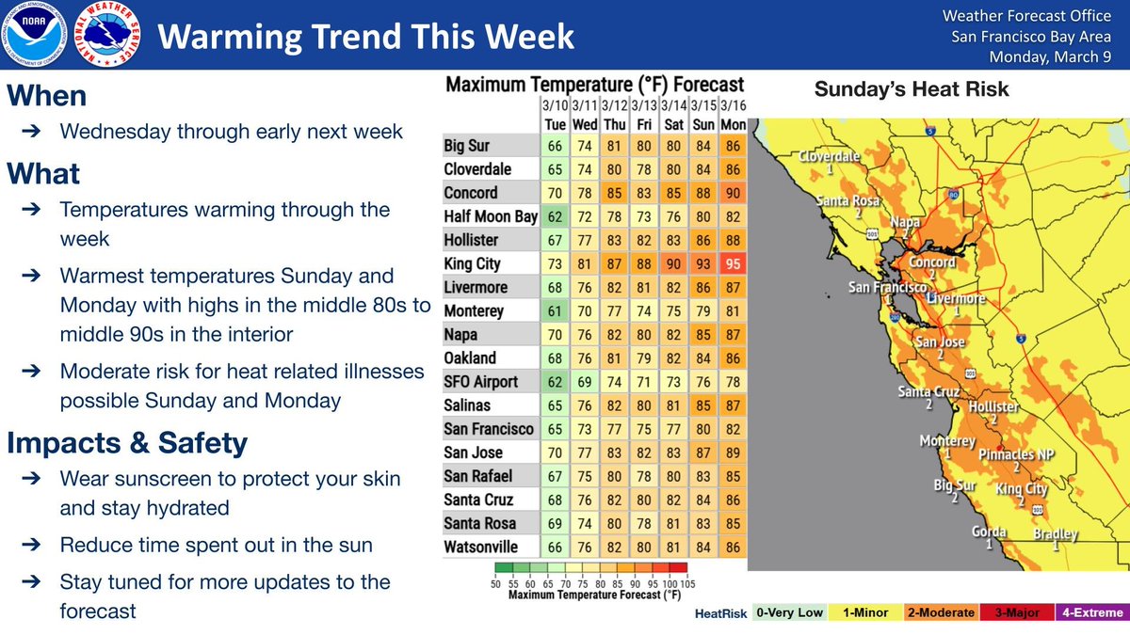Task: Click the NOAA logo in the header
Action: click(33, 34)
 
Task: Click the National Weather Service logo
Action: click(107, 34)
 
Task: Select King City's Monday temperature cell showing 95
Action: click(733, 263)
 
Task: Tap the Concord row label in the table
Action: click(471, 193)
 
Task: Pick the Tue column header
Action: click(555, 124)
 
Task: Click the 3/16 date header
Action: click(733, 105)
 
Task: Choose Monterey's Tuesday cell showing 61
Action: click(555, 311)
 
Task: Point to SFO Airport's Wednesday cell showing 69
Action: click(585, 382)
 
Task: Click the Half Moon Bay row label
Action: click(491, 216)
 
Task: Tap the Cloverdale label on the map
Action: click(829, 156)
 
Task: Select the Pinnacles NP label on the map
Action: click(1016, 454)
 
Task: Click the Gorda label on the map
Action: click(989, 532)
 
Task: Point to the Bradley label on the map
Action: click(1056, 533)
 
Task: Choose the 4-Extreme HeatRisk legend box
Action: click(1092, 612)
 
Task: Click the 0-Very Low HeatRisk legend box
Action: click(789, 612)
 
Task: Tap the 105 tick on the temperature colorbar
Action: click(687, 584)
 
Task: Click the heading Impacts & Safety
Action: click(127, 443)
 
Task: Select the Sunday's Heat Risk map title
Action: click(912, 89)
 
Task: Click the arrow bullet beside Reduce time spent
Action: click(31, 545)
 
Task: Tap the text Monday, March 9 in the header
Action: click(1050, 57)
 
